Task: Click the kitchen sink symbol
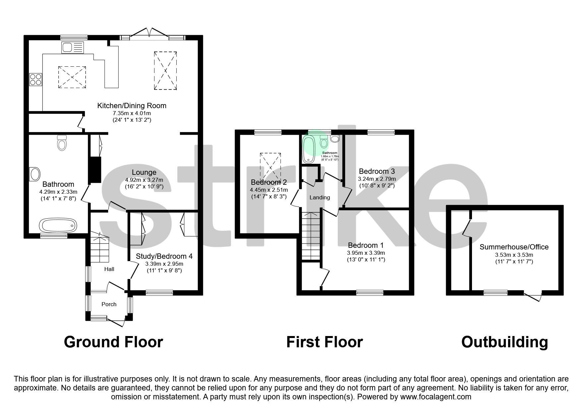pyautogui.click(x=73, y=48)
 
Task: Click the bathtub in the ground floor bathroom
pyautogui.click(x=59, y=226)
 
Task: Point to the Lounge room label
pyautogui.click(x=144, y=172)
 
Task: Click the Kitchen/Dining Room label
pyautogui.click(x=132, y=106)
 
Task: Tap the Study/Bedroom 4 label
pyautogui.click(x=164, y=256)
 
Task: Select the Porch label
pyautogui.click(x=109, y=304)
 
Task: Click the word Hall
pyautogui.click(x=109, y=269)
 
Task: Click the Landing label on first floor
pyautogui.click(x=320, y=197)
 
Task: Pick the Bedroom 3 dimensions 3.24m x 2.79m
pyautogui.click(x=377, y=179)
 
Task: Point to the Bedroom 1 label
pyautogui.click(x=366, y=245)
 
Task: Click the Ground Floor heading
pyautogui.click(x=113, y=342)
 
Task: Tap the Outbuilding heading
pyautogui.click(x=504, y=342)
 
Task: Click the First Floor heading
pyautogui.click(x=324, y=342)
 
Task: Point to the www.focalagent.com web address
pyautogui.click(x=436, y=397)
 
